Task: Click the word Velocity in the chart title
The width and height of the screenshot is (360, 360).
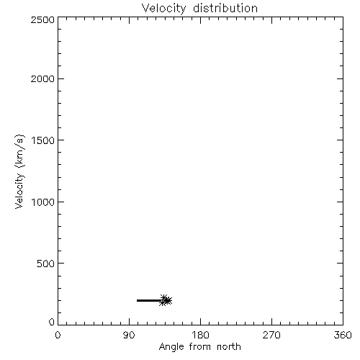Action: [164, 9]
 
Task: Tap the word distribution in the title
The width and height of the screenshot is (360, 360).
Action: [225, 8]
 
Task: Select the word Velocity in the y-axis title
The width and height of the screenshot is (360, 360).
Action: [19, 191]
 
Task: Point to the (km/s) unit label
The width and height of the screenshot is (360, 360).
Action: [19, 151]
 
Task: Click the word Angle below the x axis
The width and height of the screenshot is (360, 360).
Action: [171, 347]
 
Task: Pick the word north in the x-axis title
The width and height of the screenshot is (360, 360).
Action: [229, 346]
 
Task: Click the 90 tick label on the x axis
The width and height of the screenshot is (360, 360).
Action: [129, 335]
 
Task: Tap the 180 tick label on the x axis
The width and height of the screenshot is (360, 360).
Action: [200, 335]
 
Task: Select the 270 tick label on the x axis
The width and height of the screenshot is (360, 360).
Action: [271, 335]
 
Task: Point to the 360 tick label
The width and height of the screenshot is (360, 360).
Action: [343, 335]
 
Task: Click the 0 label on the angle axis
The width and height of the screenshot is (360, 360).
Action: [58, 335]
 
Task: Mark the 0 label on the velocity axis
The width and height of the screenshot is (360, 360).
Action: [52, 322]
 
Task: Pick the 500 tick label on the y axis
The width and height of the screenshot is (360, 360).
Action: [46, 264]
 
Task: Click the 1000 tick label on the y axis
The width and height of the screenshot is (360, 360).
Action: [43, 202]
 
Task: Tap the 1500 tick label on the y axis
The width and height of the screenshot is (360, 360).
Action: [43, 140]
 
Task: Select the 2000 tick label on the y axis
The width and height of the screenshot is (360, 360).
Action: [43, 79]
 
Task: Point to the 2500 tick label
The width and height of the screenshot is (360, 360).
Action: [43, 19]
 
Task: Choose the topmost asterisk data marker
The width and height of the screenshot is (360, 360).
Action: [164, 298]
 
